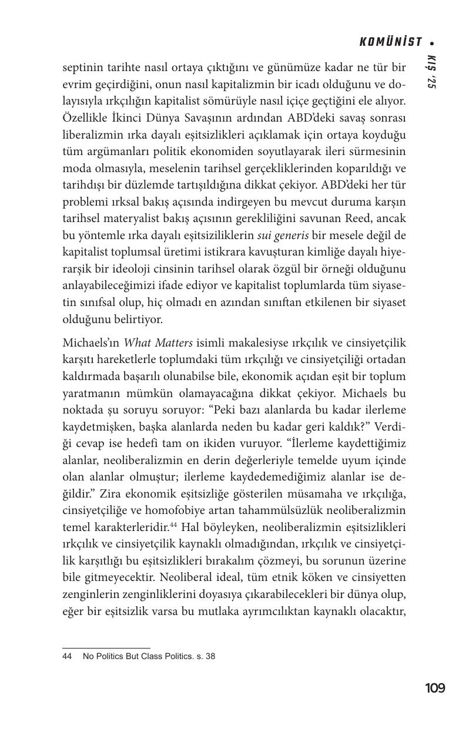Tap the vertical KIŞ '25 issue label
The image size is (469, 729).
tap(431, 72)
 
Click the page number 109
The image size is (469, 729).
tap(435, 688)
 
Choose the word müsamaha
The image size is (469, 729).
tap(303, 493)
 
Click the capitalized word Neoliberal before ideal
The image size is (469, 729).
tap(222, 577)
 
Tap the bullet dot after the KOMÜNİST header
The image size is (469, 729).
tap(432, 42)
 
